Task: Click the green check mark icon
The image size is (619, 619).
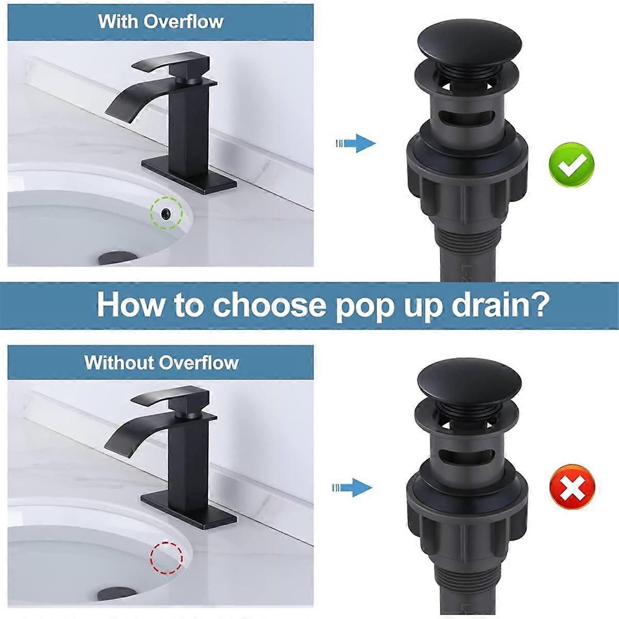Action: coord(572,165)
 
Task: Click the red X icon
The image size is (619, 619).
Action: coord(572,486)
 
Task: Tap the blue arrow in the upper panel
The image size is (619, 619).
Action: coord(356,143)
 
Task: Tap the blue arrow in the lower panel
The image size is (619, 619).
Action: coord(352,487)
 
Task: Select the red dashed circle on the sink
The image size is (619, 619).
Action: coord(167,558)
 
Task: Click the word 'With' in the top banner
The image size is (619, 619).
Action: coord(119,22)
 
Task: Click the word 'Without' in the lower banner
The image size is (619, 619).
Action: coord(119,362)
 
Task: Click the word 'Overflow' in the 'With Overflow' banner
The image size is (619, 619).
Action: coord(184,22)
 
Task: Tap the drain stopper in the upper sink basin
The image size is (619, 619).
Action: coord(118,257)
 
